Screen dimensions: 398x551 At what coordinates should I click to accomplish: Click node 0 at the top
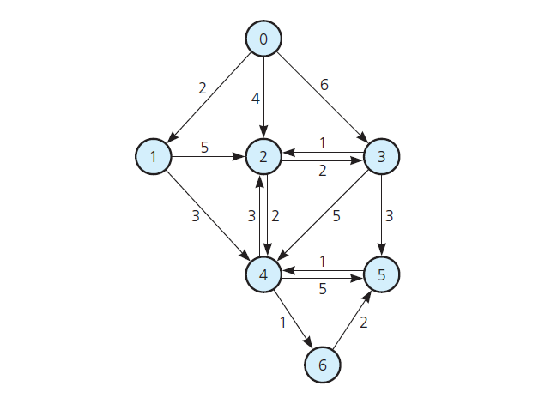click(263, 38)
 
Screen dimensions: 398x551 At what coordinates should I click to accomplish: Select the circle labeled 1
click(154, 156)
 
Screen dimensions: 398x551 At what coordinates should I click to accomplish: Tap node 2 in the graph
click(263, 156)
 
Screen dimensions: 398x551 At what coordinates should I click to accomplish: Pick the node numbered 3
click(382, 156)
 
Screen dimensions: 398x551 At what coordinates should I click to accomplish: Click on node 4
click(263, 274)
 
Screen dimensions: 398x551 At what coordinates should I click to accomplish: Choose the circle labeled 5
click(382, 274)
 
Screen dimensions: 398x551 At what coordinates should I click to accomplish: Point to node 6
click(323, 365)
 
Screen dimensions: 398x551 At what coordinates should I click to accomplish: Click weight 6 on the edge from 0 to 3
click(324, 85)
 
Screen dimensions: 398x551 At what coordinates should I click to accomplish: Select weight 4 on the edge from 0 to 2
click(254, 99)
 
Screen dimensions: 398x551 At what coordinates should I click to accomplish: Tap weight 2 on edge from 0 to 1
click(202, 87)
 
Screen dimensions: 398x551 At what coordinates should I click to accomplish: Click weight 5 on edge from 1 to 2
click(204, 147)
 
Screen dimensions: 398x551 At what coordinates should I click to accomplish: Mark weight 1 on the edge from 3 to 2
click(322, 142)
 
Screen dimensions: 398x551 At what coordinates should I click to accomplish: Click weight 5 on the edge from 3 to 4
click(336, 216)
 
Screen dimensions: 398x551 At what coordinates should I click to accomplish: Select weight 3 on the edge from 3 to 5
click(389, 216)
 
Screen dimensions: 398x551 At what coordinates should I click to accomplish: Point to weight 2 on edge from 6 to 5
click(363, 323)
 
